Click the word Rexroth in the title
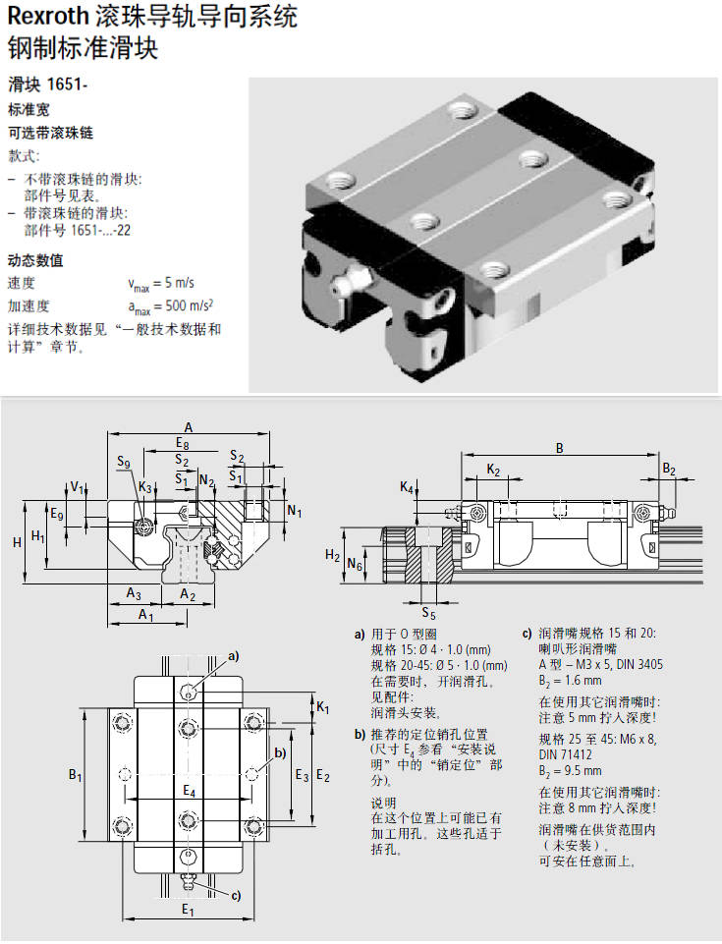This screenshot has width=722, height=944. point(46,17)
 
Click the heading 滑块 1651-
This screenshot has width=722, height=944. point(48,83)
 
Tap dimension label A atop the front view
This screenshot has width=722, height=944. point(188,425)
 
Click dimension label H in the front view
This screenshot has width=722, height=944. point(17,542)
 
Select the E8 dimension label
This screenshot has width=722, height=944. point(183,443)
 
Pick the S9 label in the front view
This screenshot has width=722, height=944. point(123,463)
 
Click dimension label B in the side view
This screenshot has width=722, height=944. point(560,448)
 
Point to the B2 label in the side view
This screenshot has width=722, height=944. point(668,470)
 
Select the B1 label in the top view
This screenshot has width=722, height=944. point(75,776)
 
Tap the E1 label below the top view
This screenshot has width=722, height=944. point(188,911)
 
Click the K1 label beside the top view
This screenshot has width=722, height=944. point(323,705)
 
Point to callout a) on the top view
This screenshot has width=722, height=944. point(233,655)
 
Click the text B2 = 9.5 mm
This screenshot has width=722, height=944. point(575,771)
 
